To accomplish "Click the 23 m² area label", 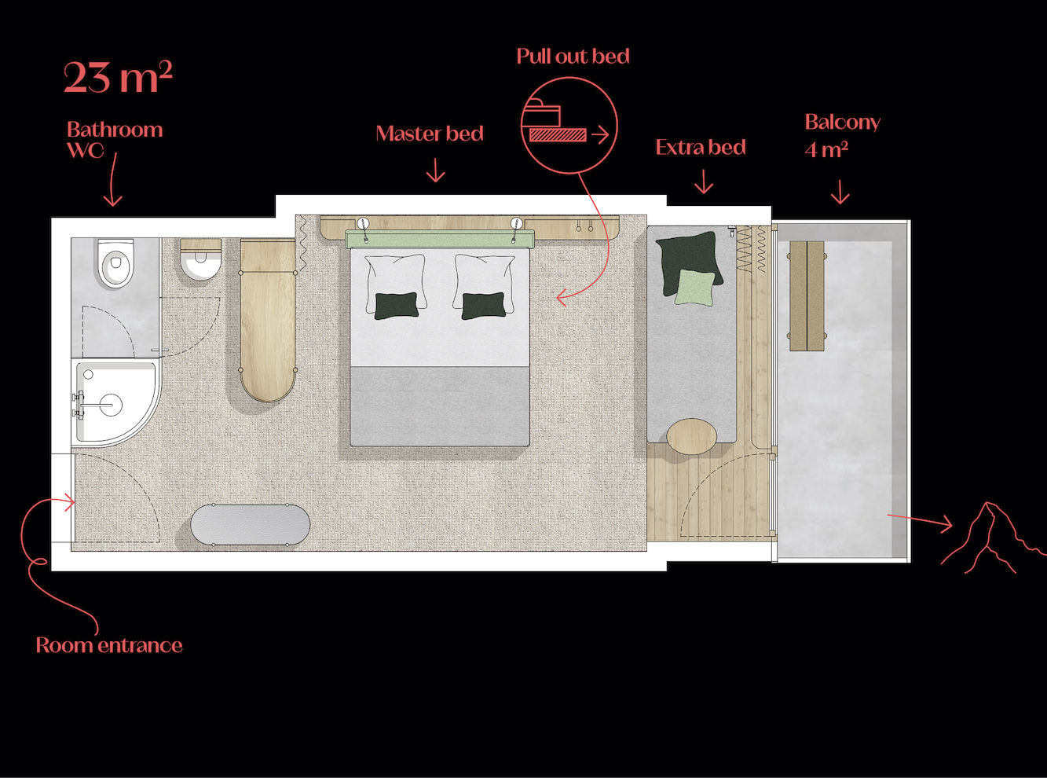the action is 118,77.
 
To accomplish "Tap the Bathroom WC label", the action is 115,140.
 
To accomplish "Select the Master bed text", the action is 430,134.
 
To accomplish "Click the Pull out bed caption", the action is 573,57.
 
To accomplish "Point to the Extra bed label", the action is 701,148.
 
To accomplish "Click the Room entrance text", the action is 109,645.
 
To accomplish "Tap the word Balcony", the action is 843,123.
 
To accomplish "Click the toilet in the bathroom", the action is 115,263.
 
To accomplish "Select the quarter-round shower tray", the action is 116,402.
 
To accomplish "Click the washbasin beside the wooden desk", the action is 200,261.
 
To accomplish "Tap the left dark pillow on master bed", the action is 397,306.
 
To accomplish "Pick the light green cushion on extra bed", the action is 694,288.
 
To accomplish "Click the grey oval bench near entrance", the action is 251,525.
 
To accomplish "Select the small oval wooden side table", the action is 691,436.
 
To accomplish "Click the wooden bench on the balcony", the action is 807,295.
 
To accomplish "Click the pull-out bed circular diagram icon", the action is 569,126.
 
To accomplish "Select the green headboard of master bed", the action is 440,239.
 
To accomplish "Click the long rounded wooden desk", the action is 268,321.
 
